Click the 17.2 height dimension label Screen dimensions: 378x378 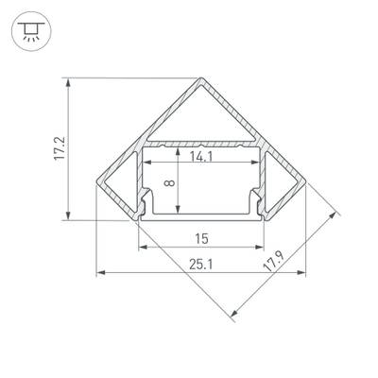tap(59, 148)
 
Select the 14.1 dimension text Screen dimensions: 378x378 tap(199, 158)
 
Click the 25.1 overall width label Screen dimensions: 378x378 tap(199, 266)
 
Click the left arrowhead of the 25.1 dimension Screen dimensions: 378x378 tap(101, 274)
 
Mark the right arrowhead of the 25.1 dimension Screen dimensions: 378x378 tap(303, 274)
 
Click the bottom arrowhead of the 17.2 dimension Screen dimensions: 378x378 tap(69, 216)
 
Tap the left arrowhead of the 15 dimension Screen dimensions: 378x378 tap(143, 249)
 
